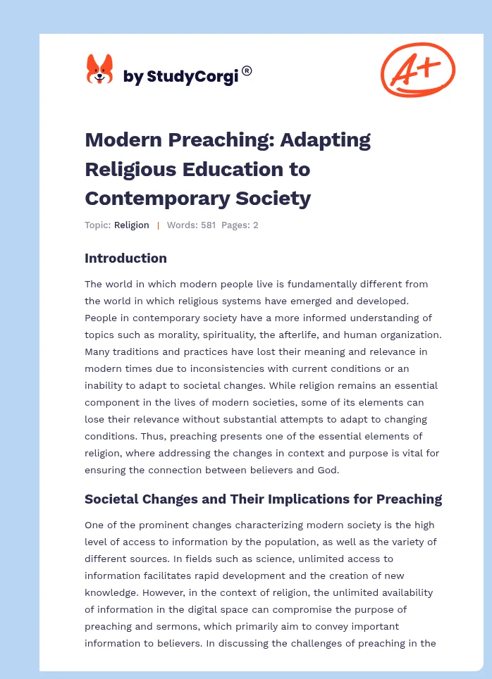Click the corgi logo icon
(x=99, y=70)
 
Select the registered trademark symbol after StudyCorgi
(x=247, y=70)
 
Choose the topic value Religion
(x=132, y=225)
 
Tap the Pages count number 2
(x=256, y=225)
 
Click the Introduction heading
(x=125, y=258)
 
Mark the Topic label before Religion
(x=97, y=225)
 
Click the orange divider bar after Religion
(x=158, y=225)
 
